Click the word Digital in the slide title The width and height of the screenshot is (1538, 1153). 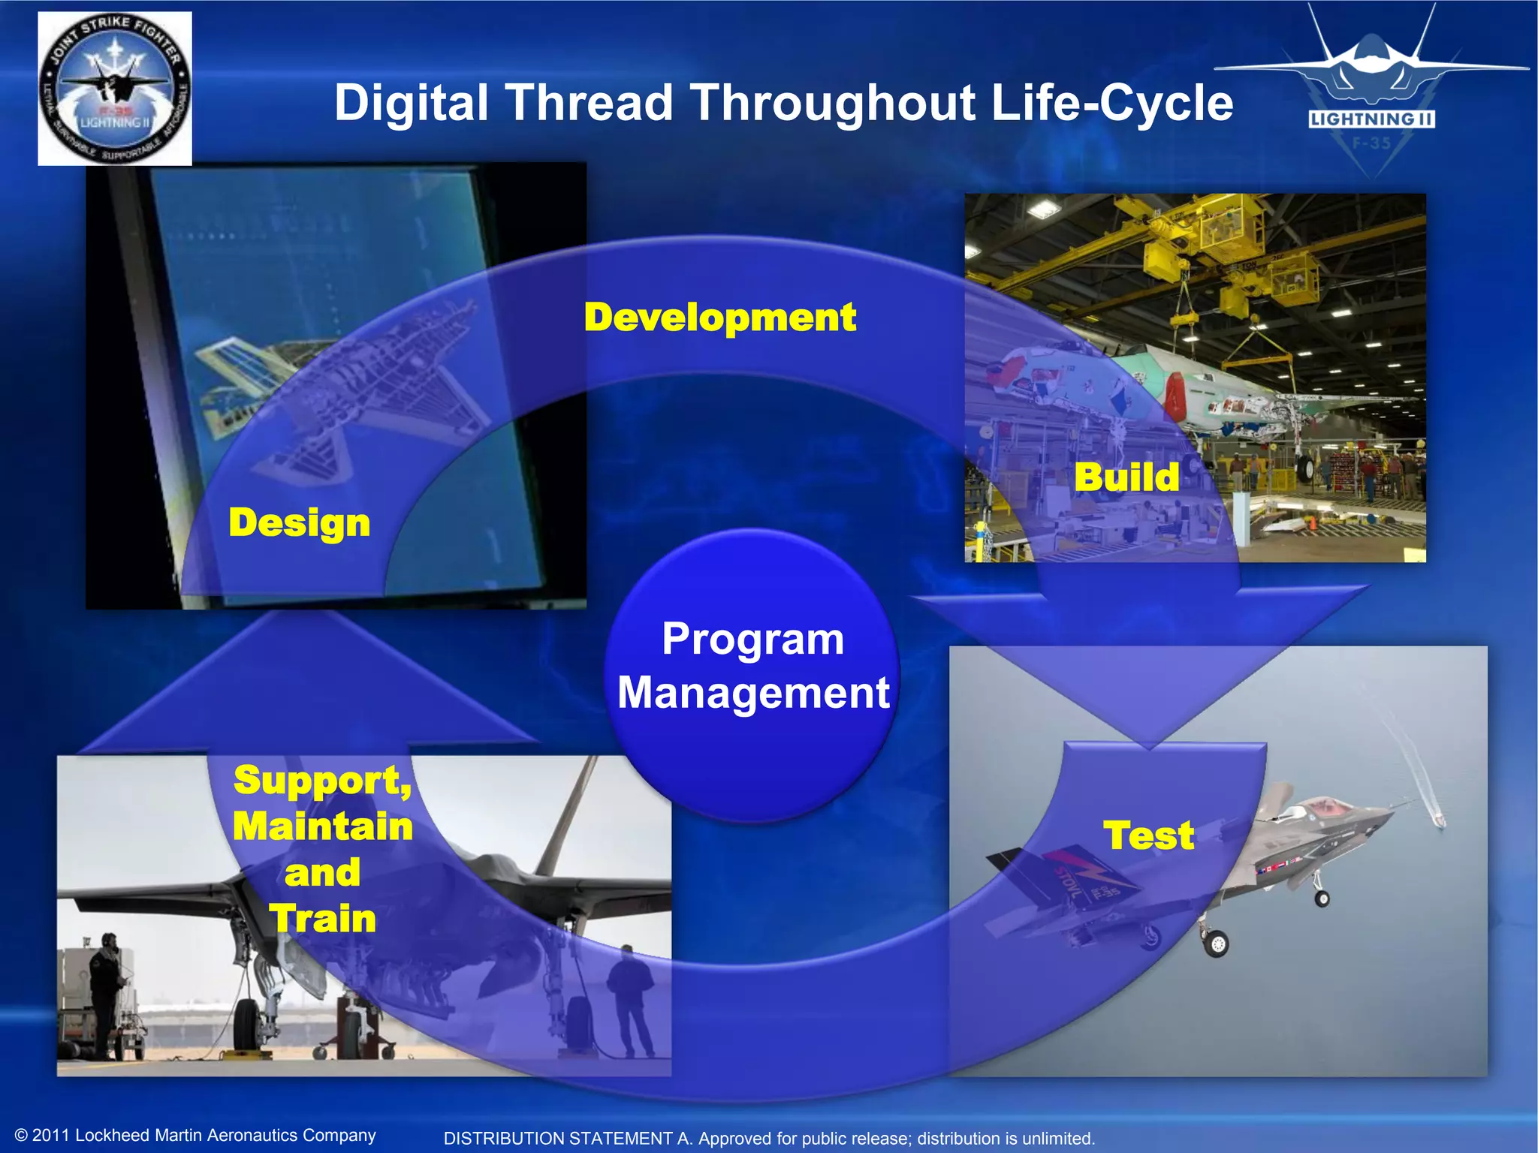pos(411,103)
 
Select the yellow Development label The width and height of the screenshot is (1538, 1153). pos(719,318)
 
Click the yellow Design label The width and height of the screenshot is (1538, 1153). pos(299,522)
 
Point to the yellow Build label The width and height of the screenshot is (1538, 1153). pos(1126,477)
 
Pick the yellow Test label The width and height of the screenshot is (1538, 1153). pos(1148,835)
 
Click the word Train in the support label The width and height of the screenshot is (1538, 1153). pos(323,919)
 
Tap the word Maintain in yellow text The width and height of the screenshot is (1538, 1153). pos(323,826)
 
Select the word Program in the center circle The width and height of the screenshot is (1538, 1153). pos(753,640)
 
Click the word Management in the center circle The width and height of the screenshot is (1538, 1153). pos(753,692)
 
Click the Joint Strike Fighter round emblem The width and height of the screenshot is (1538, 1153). pos(115,89)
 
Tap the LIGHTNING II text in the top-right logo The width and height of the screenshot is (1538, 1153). pos(1371,119)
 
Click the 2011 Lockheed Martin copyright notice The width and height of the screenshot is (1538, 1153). pos(195,1135)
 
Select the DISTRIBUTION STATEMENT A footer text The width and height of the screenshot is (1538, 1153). pos(769,1139)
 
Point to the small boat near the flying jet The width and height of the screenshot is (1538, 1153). pos(1437,820)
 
